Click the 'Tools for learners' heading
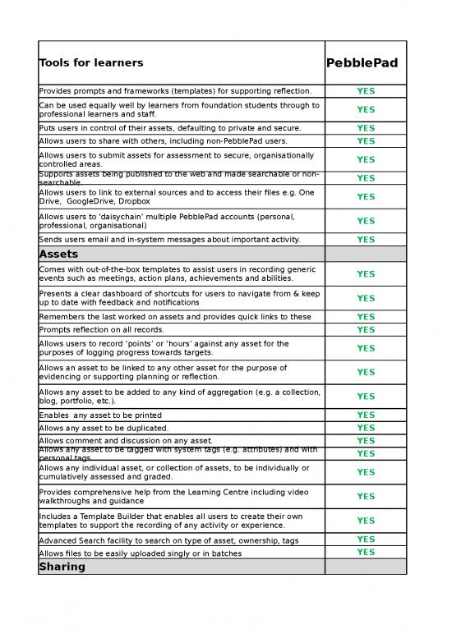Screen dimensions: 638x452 click(90, 63)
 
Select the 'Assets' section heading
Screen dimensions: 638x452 click(59, 254)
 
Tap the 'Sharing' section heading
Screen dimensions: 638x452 click(62, 567)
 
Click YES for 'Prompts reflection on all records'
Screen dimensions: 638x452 click(366, 330)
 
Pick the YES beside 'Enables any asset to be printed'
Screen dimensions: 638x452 click(366, 415)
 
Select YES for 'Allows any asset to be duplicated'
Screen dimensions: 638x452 click(366, 428)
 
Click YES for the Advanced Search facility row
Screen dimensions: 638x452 click(366, 539)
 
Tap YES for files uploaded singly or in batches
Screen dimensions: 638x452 click(366, 553)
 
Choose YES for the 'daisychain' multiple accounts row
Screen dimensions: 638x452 click(366, 221)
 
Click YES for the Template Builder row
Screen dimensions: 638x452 click(366, 521)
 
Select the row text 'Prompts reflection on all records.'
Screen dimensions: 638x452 click(104, 330)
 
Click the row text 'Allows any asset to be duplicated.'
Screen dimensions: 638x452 click(104, 428)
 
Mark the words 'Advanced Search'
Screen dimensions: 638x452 click(74, 540)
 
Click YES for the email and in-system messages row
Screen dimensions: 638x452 click(366, 240)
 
